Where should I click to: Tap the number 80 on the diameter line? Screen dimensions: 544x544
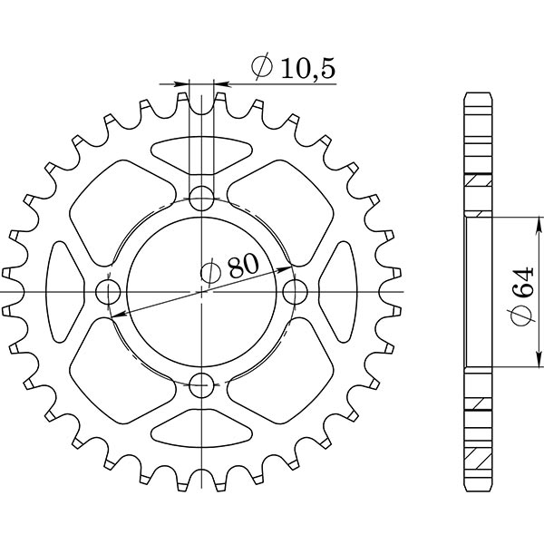click(x=242, y=266)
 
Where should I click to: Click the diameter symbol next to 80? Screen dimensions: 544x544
click(x=209, y=271)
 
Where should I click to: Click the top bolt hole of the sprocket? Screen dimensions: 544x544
click(x=201, y=198)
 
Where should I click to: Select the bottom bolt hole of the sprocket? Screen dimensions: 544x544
click(x=201, y=385)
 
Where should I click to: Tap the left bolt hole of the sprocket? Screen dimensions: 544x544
click(x=108, y=292)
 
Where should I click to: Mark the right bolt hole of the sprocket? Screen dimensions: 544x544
click(x=296, y=292)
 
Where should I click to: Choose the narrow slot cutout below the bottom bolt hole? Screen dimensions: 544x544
click(x=201, y=432)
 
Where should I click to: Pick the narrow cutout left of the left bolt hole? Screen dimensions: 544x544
click(x=61, y=292)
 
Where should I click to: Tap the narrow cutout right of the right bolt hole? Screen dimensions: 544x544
click(x=342, y=292)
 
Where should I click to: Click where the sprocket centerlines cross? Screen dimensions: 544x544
click(x=201, y=292)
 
